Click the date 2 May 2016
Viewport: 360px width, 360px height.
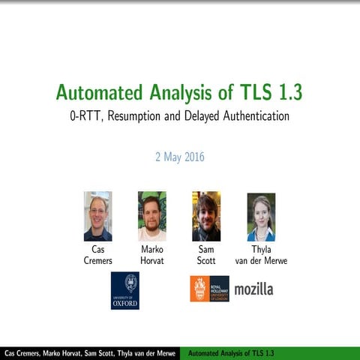(180, 157)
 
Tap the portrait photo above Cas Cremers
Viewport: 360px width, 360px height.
(97, 216)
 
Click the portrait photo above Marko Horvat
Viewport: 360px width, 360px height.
(152, 216)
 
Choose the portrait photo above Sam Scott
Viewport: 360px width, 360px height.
(206, 216)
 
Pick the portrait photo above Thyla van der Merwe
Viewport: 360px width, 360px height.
(261, 216)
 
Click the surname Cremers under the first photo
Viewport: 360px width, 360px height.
(97, 260)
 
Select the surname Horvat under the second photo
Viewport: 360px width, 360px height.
(152, 260)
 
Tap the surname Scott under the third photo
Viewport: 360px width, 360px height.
(206, 260)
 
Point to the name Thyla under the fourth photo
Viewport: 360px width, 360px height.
(261, 249)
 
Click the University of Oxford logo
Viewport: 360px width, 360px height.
(125, 290)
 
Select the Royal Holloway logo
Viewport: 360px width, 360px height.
(209, 289)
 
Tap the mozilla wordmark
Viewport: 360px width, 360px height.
(253, 289)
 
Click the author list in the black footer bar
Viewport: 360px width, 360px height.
(90, 352)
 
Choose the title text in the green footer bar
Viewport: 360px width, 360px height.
(231, 352)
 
